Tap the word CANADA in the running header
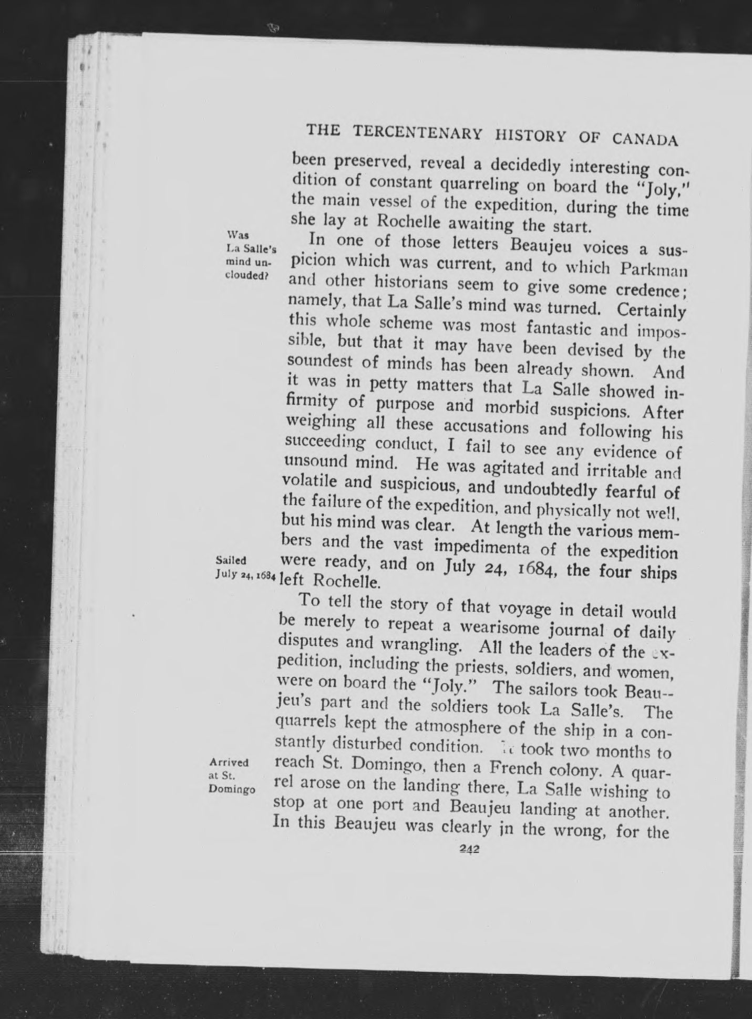coord(644,139)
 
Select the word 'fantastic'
coord(555,328)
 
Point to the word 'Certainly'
coord(651,310)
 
